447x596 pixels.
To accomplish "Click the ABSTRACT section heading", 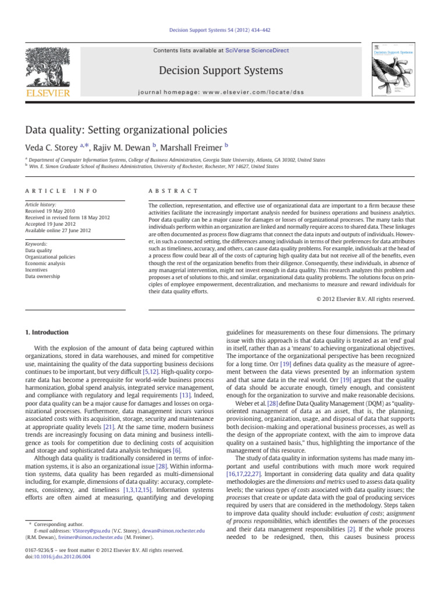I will tap(173, 191).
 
